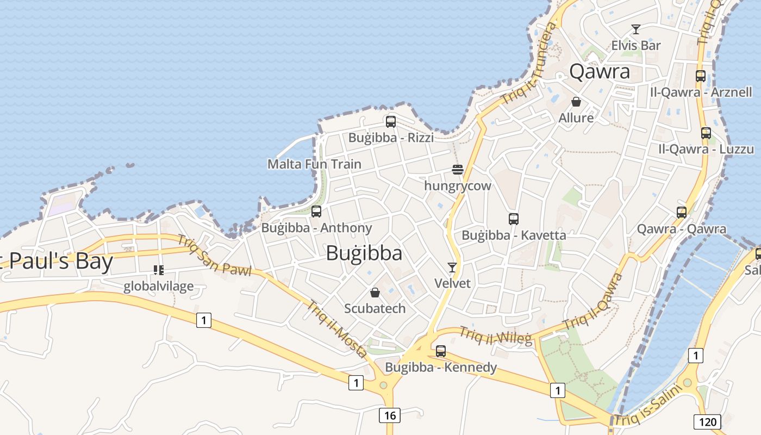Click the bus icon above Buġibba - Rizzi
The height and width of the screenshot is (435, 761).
(390, 122)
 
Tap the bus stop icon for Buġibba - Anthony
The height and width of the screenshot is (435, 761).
(316, 212)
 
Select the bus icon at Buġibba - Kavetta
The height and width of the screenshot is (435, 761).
(514, 219)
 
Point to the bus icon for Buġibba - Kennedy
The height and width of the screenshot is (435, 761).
(441, 351)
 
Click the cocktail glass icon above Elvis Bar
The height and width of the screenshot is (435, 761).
(636, 29)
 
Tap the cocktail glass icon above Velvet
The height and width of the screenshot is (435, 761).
(452, 267)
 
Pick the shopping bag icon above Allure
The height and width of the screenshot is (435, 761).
(576, 102)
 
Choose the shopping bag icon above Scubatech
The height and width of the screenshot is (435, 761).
(375, 293)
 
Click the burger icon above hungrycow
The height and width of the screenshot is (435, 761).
(457, 170)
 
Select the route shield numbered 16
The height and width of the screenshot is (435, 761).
(390, 416)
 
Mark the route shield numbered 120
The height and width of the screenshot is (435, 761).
(707, 421)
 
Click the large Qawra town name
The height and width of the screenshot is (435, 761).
(600, 72)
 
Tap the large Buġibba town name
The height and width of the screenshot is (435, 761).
(364, 253)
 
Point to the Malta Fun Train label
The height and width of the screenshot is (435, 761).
(314, 164)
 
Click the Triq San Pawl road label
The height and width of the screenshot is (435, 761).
(214, 256)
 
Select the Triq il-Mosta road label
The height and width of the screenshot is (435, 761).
(337, 329)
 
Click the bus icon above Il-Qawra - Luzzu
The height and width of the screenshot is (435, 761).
(706, 133)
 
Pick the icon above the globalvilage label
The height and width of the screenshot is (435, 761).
(159, 270)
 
